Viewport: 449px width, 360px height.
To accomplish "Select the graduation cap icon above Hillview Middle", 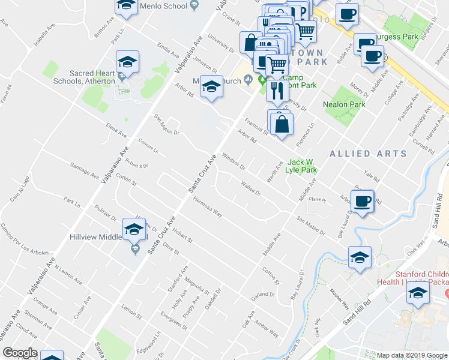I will [134, 229].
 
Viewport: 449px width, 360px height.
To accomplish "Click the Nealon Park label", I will [344, 104].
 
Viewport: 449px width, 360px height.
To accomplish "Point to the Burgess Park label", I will [394, 36].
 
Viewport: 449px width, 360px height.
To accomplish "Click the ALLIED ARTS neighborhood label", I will [368, 154].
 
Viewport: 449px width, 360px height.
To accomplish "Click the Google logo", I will [20, 353].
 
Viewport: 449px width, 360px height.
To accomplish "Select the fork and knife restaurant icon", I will [276, 91].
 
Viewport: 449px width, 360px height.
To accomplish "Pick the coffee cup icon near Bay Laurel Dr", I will [363, 201].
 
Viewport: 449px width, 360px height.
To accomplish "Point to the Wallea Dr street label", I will [250, 189].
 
